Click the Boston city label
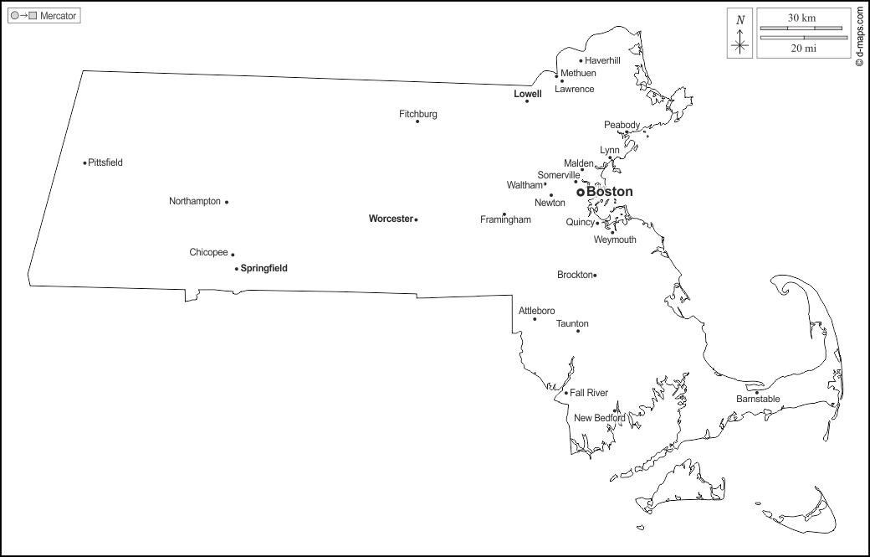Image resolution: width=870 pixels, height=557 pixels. pyautogui.click(x=610, y=192)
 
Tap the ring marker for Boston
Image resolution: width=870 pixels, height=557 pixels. pyautogui.click(x=580, y=192)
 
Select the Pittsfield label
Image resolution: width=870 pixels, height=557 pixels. pyautogui.click(x=105, y=162)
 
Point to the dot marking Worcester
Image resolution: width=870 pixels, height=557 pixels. pyautogui.click(x=416, y=219)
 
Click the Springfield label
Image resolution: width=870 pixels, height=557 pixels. pyautogui.click(x=264, y=269)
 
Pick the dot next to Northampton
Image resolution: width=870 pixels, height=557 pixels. pyautogui.click(x=227, y=202)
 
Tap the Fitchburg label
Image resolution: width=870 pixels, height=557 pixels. pyautogui.click(x=417, y=114)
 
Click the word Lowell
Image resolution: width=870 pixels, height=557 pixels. pyautogui.click(x=527, y=94)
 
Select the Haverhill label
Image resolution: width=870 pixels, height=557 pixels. pyautogui.click(x=602, y=60)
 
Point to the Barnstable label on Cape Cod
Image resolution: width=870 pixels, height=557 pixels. pyautogui.click(x=758, y=400)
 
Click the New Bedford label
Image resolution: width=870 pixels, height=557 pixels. pyautogui.click(x=599, y=418)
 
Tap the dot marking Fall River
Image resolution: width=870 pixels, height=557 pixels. pyautogui.click(x=565, y=393)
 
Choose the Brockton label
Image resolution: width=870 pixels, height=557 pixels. pyautogui.click(x=575, y=275)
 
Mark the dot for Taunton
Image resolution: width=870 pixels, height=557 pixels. pyautogui.click(x=577, y=331)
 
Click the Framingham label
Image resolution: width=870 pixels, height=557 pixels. pyautogui.click(x=505, y=220)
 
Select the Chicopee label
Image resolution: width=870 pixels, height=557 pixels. pyautogui.click(x=208, y=252)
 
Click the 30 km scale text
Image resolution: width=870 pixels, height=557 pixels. pyautogui.click(x=801, y=18)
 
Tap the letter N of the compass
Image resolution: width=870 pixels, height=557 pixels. pyautogui.click(x=739, y=19)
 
